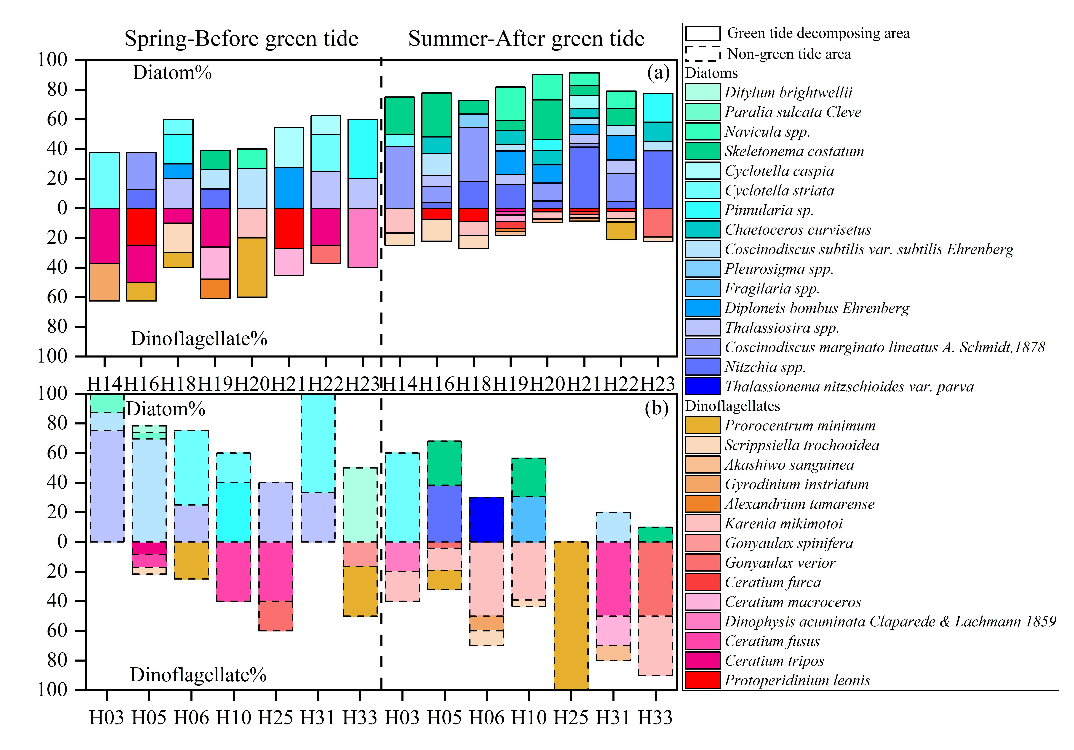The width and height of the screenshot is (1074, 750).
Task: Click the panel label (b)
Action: (x=656, y=408)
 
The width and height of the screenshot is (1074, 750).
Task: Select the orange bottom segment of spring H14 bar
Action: (x=104, y=282)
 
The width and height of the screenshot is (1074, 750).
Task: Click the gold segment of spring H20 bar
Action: (x=252, y=267)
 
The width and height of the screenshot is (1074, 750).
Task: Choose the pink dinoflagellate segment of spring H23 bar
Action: (x=363, y=238)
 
